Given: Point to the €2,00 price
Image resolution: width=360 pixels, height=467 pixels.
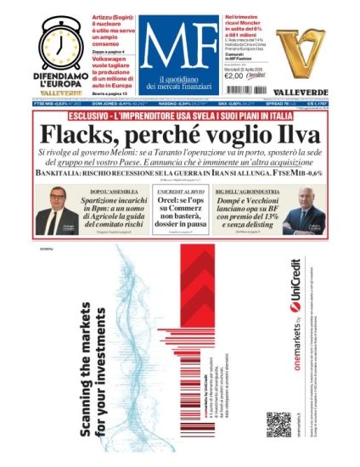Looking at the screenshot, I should click(234, 76).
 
